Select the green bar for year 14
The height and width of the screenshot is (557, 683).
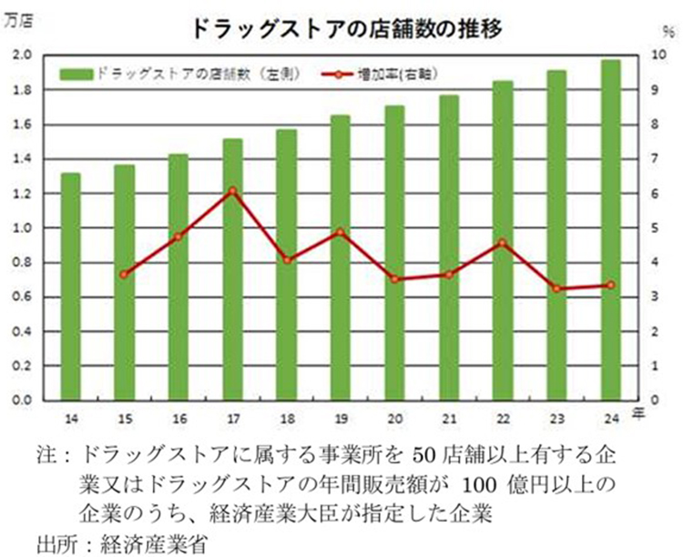[70, 286]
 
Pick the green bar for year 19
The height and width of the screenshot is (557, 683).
[341, 257]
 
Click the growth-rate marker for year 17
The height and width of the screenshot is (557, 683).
[232, 191]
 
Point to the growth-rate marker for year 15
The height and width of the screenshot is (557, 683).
[125, 274]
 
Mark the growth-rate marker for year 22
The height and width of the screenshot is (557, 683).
[503, 243]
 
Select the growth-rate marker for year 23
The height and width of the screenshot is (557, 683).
[557, 289]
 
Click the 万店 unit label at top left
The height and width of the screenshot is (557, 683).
[20, 25]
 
